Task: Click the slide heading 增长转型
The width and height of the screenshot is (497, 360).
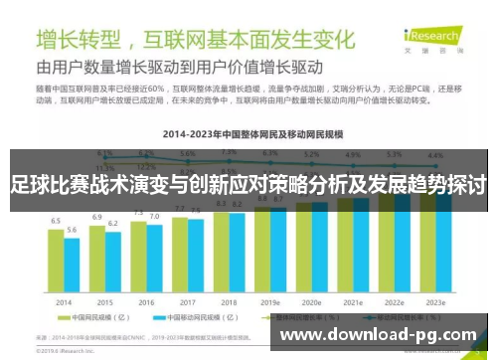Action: point(81,42)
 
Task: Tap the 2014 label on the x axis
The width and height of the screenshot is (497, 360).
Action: point(64,301)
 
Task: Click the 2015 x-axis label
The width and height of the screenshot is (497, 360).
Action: point(104,301)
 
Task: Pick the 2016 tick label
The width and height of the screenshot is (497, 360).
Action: point(146,301)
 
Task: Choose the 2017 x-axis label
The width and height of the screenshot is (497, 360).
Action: point(187,301)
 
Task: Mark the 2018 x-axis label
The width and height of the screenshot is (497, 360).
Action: point(229,301)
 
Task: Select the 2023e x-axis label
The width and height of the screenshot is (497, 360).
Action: point(434,301)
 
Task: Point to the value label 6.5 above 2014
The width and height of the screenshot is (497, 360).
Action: point(57,220)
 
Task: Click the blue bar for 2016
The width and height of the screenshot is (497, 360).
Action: point(154,260)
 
